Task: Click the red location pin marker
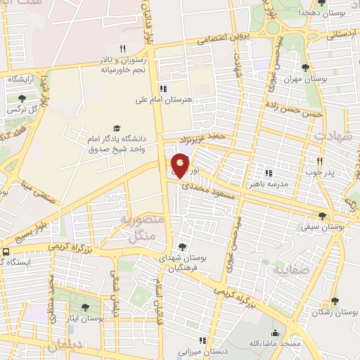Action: click(x=181, y=165)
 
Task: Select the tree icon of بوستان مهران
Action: click(x=304, y=67)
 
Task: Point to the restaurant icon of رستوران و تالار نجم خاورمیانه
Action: click(x=122, y=49)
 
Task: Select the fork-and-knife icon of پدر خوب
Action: click(x=319, y=160)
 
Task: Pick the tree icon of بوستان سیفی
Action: click(x=322, y=216)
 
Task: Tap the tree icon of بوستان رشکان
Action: click(x=334, y=301)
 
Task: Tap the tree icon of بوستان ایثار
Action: click(x=85, y=307)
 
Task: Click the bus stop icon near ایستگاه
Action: click(x=6, y=251)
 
